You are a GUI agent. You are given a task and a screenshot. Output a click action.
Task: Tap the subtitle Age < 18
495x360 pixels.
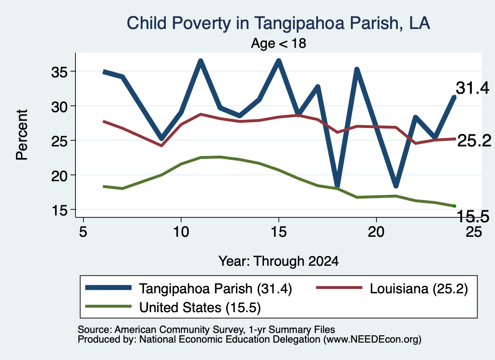coord(278,43)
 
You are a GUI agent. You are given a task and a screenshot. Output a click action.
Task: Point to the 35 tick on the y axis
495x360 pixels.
coord(59,72)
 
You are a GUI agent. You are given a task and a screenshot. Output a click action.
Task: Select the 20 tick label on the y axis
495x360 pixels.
coord(59,176)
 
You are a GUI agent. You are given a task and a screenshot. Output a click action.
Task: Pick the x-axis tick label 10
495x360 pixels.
coord(181,232)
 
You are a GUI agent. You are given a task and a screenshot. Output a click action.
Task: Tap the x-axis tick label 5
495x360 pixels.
coord(83,232)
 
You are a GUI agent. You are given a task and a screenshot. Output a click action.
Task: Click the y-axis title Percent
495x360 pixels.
coord(22,135)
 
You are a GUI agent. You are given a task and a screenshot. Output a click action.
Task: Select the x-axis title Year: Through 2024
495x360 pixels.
coord(278,261)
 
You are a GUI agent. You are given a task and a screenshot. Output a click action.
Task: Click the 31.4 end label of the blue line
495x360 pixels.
coord(473,88)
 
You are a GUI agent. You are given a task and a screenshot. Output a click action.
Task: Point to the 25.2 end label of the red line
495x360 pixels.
coord(474,141)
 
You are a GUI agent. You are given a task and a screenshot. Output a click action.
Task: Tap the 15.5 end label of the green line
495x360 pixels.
coord(473,216)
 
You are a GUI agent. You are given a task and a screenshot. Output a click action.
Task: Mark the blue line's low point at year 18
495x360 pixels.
coord(337,187)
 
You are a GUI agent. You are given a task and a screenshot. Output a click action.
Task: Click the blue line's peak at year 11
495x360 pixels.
coord(201,61)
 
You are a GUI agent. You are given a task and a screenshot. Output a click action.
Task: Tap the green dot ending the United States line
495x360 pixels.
coord(454,206)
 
